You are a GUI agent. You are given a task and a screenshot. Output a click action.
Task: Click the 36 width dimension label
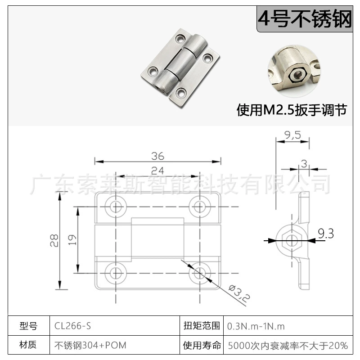point(158,156)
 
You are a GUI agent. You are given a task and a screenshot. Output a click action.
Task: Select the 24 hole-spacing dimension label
point(157,171)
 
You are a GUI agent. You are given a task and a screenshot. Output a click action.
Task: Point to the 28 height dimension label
point(54,240)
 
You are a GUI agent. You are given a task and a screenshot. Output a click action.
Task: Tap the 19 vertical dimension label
point(72,240)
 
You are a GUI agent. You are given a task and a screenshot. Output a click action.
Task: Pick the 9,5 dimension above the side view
point(292,135)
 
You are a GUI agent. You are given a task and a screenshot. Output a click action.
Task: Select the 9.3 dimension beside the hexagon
point(326,234)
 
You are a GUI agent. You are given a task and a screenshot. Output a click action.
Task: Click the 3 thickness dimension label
point(304,164)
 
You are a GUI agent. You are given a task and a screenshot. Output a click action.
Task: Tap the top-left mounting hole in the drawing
point(116,207)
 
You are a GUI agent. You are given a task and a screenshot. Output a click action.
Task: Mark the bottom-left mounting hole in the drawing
point(116,273)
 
